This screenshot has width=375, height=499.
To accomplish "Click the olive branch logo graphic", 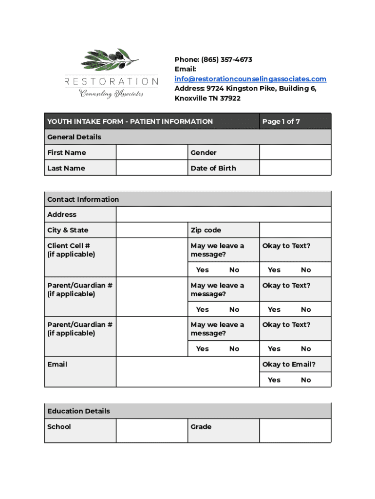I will point(110,60).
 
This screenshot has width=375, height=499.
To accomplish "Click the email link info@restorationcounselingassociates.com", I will point(250,79).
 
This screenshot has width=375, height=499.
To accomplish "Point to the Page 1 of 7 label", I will point(281,121).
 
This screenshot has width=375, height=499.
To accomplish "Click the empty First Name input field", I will point(151,153).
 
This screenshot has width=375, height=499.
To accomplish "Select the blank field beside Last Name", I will point(151,168).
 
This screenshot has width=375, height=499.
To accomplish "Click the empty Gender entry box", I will point(295,153).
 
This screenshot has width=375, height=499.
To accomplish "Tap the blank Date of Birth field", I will point(295,168).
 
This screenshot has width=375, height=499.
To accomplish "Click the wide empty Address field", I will point(223,214).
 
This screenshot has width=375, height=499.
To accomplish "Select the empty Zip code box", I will point(295,230).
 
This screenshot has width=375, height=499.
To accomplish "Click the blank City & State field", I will point(151,230).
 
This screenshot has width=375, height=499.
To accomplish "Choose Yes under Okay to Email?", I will point(274,380).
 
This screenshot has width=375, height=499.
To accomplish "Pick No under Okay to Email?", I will point(306,380).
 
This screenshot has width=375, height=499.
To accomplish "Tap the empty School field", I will point(151,431).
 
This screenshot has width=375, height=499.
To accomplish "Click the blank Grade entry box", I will point(295,431).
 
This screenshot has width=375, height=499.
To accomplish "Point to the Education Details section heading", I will point(78,411).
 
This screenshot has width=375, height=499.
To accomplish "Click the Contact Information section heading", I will point(83,199).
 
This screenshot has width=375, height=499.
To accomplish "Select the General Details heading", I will point(74,137).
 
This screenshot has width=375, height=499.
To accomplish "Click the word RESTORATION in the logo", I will point(112,81).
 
